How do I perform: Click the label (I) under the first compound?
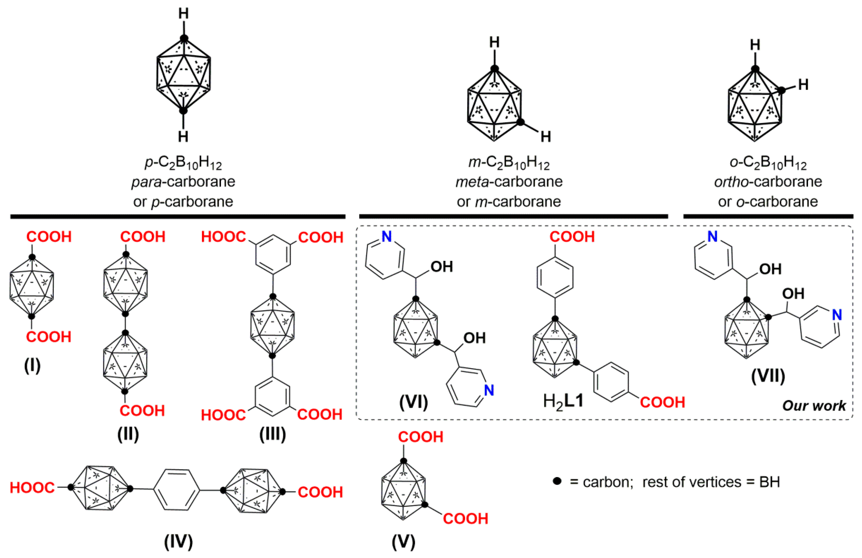tap(32, 366)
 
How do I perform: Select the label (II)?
tap(128, 434)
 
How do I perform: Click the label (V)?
tap(403, 542)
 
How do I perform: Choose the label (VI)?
tap(414, 402)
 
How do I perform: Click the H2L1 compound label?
tap(563, 401)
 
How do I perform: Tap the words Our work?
tap(814, 405)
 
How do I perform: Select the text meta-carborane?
tap(509, 182)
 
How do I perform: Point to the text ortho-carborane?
tap(768, 182)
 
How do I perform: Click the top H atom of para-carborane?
tap(184, 14)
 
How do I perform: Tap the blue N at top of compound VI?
tap(387, 237)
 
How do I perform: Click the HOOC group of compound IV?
tap(32, 488)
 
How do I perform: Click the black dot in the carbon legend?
tap(557, 481)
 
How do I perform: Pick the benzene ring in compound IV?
tap(177, 490)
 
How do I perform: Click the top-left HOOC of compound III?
tap(223, 237)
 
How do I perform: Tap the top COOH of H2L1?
tap(572, 237)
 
